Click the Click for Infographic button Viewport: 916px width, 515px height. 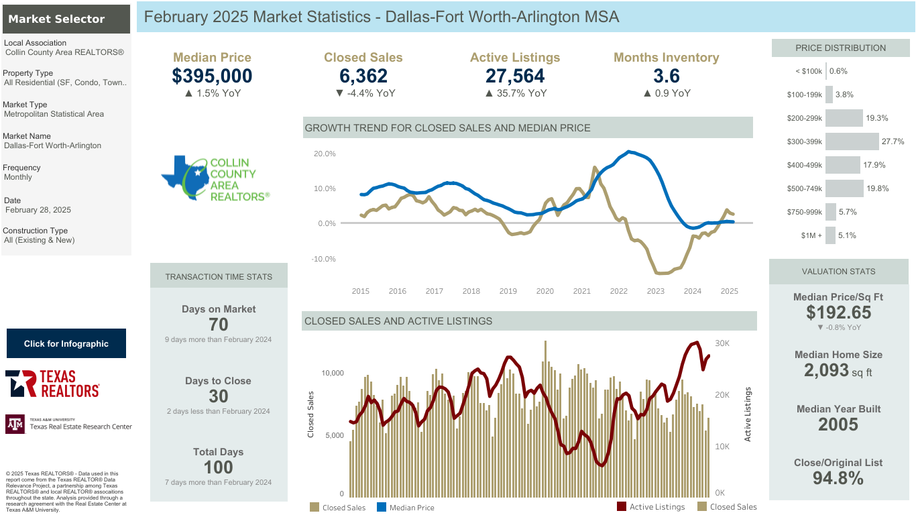point(66,343)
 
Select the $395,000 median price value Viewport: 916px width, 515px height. point(212,76)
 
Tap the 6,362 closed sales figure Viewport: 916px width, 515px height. point(363,76)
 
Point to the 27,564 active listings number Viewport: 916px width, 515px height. point(515,76)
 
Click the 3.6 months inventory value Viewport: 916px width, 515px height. point(667,76)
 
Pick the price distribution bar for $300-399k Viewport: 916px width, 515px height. point(852,141)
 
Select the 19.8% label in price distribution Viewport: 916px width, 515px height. point(878,188)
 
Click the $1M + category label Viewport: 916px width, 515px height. point(811,235)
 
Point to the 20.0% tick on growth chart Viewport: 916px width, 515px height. point(325,154)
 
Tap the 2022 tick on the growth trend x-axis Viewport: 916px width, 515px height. point(619,291)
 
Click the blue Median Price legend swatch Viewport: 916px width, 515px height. point(381,507)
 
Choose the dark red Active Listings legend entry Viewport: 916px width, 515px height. point(650,507)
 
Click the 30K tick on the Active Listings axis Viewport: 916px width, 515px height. point(722,343)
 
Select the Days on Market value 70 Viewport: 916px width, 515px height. point(219,325)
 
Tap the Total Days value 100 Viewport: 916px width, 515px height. point(219,467)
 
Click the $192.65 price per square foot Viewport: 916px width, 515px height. point(839,312)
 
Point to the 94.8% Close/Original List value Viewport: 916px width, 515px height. point(838,478)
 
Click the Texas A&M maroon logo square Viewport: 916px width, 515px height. point(15,424)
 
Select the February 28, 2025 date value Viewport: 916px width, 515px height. point(38,210)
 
